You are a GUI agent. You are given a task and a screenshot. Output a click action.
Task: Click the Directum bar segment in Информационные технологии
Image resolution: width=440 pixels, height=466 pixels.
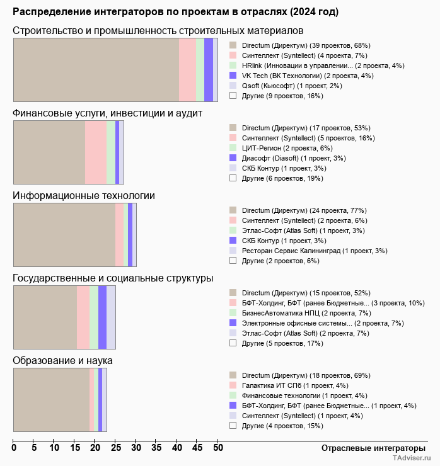pos(64,236)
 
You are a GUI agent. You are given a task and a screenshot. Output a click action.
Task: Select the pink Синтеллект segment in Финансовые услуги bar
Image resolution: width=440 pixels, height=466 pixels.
pos(96,152)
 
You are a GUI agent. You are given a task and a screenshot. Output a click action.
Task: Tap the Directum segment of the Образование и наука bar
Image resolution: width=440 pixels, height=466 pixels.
pos(51,400)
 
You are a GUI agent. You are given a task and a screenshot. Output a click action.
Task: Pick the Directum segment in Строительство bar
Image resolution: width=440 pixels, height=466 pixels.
pos(96,69)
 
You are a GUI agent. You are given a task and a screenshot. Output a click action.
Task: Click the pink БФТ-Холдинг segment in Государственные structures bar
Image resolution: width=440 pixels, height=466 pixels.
pos(83,317)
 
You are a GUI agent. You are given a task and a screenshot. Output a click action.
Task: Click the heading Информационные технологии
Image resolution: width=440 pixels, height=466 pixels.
pos(84,196)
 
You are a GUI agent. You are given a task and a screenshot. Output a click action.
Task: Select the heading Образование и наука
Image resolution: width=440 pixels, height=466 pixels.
pos(62,361)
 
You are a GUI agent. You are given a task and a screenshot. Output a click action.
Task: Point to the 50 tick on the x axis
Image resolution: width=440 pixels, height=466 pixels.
pos(217,448)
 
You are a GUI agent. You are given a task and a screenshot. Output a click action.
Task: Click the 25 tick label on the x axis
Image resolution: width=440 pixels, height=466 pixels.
pos(115,448)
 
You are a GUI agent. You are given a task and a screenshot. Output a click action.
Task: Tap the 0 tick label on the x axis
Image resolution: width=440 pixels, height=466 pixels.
pos(14,448)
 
